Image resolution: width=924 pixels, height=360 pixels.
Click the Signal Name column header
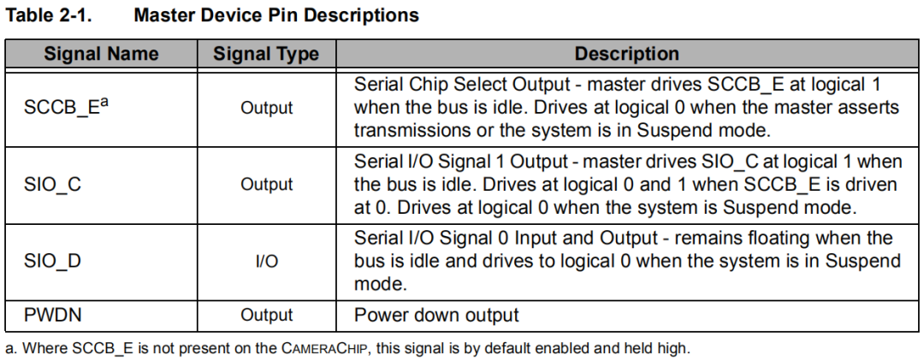pyautogui.click(x=101, y=54)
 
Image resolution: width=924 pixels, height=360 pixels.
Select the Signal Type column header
pyautogui.click(x=266, y=54)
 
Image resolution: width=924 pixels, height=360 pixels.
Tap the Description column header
pyautogui.click(x=627, y=54)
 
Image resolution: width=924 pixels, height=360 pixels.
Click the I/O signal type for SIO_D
pyautogui.click(x=267, y=261)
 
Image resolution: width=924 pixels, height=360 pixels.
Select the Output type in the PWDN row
pyautogui.click(x=266, y=316)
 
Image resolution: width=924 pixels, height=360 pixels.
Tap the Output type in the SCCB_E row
pyautogui.click(x=266, y=108)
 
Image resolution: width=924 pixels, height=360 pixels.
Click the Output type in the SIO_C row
pyautogui.click(x=266, y=185)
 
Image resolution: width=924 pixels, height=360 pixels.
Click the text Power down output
pyautogui.click(x=436, y=316)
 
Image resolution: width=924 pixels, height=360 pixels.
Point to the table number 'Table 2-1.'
pyautogui.click(x=48, y=15)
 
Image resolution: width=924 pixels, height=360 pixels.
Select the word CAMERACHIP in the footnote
pyautogui.click(x=325, y=348)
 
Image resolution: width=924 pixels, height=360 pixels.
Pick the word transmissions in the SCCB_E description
pyautogui.click(x=412, y=130)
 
